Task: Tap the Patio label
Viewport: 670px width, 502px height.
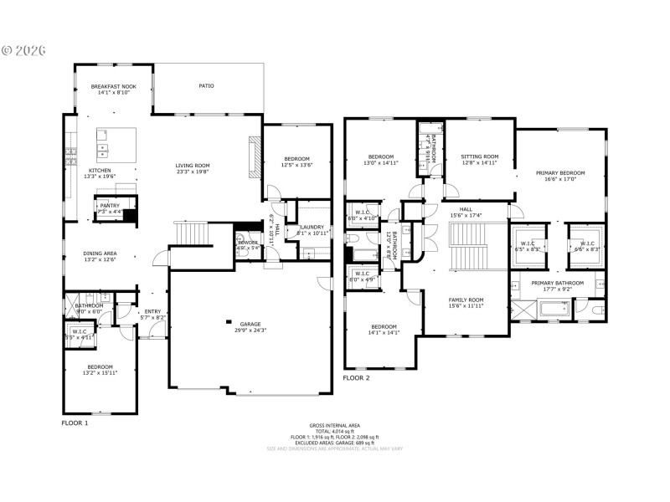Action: coord(205,85)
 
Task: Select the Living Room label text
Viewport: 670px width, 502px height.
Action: coord(192,168)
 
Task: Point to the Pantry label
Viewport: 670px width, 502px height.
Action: coord(110,208)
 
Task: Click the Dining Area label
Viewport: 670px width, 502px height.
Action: coord(100,257)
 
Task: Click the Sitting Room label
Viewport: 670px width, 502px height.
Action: coord(479,159)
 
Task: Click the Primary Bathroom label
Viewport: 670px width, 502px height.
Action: coord(557,286)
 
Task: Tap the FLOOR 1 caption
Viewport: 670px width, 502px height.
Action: coord(75,423)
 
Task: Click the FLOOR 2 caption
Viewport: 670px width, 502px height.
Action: coord(356,378)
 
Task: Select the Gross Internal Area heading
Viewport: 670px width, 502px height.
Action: coord(334,426)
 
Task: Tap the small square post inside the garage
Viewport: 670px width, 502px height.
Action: coord(227,321)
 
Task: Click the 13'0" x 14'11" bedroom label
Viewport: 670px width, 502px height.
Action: coord(381,159)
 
